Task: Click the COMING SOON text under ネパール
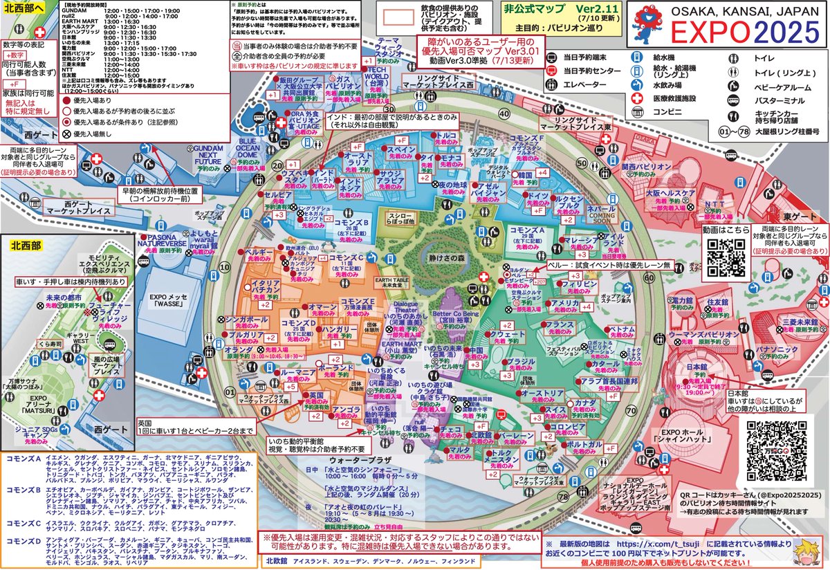coord(602,214)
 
